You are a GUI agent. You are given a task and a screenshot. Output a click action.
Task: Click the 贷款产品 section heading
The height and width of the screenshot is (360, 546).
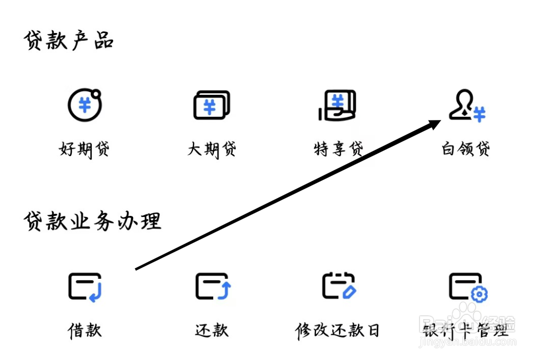[x=69, y=41]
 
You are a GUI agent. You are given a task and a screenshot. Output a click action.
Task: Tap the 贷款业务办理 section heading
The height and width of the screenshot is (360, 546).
[x=92, y=221]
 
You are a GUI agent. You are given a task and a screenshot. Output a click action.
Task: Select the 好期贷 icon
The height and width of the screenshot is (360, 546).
[x=84, y=105]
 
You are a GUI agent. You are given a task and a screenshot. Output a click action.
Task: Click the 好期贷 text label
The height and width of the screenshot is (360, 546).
[x=84, y=149]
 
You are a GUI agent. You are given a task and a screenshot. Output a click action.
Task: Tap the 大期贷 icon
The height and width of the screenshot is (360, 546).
[x=211, y=105]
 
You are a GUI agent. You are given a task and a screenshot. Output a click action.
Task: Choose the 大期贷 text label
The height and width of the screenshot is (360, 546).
[x=212, y=149]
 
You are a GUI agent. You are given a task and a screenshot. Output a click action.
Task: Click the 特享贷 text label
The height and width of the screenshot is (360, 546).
[x=338, y=149]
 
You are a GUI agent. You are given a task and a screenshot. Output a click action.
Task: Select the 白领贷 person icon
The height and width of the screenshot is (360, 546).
[x=462, y=105]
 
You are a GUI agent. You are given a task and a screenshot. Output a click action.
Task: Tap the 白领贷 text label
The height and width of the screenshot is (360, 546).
[x=466, y=149]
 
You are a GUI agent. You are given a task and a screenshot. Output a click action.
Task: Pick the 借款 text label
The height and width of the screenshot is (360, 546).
[x=84, y=330]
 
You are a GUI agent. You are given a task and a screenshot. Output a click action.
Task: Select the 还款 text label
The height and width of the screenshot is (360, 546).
[x=212, y=330]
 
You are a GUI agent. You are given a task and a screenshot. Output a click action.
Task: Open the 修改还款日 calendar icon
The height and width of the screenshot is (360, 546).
[x=338, y=287]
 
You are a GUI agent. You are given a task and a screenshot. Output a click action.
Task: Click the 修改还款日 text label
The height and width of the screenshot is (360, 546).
[x=337, y=330]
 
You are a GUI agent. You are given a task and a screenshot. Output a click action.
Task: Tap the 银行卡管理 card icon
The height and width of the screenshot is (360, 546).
[x=465, y=286]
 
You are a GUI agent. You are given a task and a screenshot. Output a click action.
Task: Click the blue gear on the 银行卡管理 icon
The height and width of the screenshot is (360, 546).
[x=479, y=294]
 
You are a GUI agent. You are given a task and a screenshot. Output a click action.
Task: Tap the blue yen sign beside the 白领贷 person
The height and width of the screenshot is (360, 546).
[x=479, y=114]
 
